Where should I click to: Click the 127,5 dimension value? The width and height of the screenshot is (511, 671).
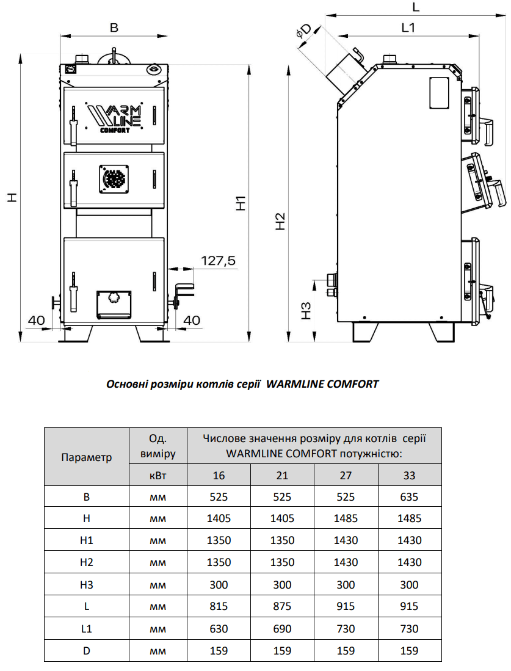pos(218,261)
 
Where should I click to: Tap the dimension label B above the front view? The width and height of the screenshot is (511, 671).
pos(113,27)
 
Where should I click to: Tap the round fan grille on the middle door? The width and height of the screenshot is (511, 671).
pos(114,178)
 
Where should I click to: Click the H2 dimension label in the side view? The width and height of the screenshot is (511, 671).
pos(280,221)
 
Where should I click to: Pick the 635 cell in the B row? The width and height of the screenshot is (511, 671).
pos(410,496)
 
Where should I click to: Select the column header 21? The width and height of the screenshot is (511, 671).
pos(282,475)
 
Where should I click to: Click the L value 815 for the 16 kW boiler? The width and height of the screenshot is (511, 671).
pos(219,606)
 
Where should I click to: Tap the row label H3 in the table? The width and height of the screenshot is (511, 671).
pos(87,584)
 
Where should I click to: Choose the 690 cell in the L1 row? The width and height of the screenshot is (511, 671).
pos(282,628)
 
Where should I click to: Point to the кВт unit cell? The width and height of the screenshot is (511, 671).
pos(158,475)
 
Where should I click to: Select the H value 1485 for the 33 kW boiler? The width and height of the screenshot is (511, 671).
pos(410,518)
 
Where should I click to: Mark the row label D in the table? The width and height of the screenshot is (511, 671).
pos(87,650)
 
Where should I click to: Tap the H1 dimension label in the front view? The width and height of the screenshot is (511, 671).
pos(242,203)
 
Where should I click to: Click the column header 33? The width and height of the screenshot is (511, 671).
pos(410,475)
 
